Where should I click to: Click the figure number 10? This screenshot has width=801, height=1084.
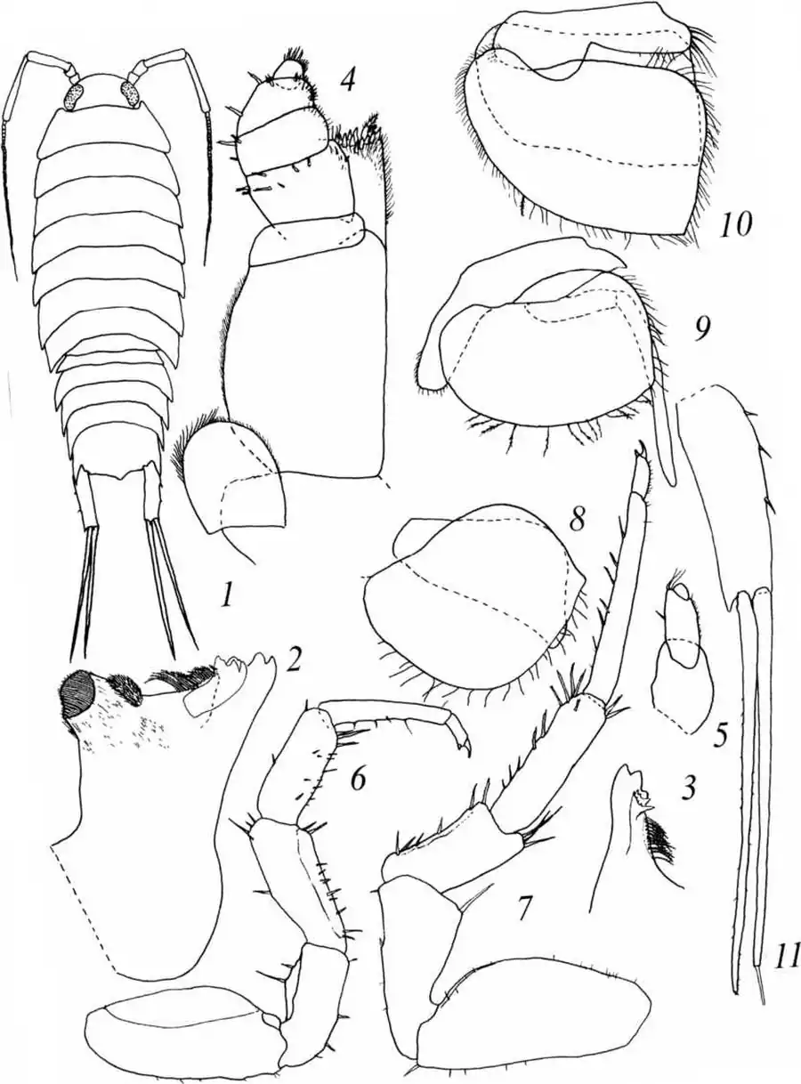735,224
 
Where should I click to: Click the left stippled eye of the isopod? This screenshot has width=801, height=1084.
76,95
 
